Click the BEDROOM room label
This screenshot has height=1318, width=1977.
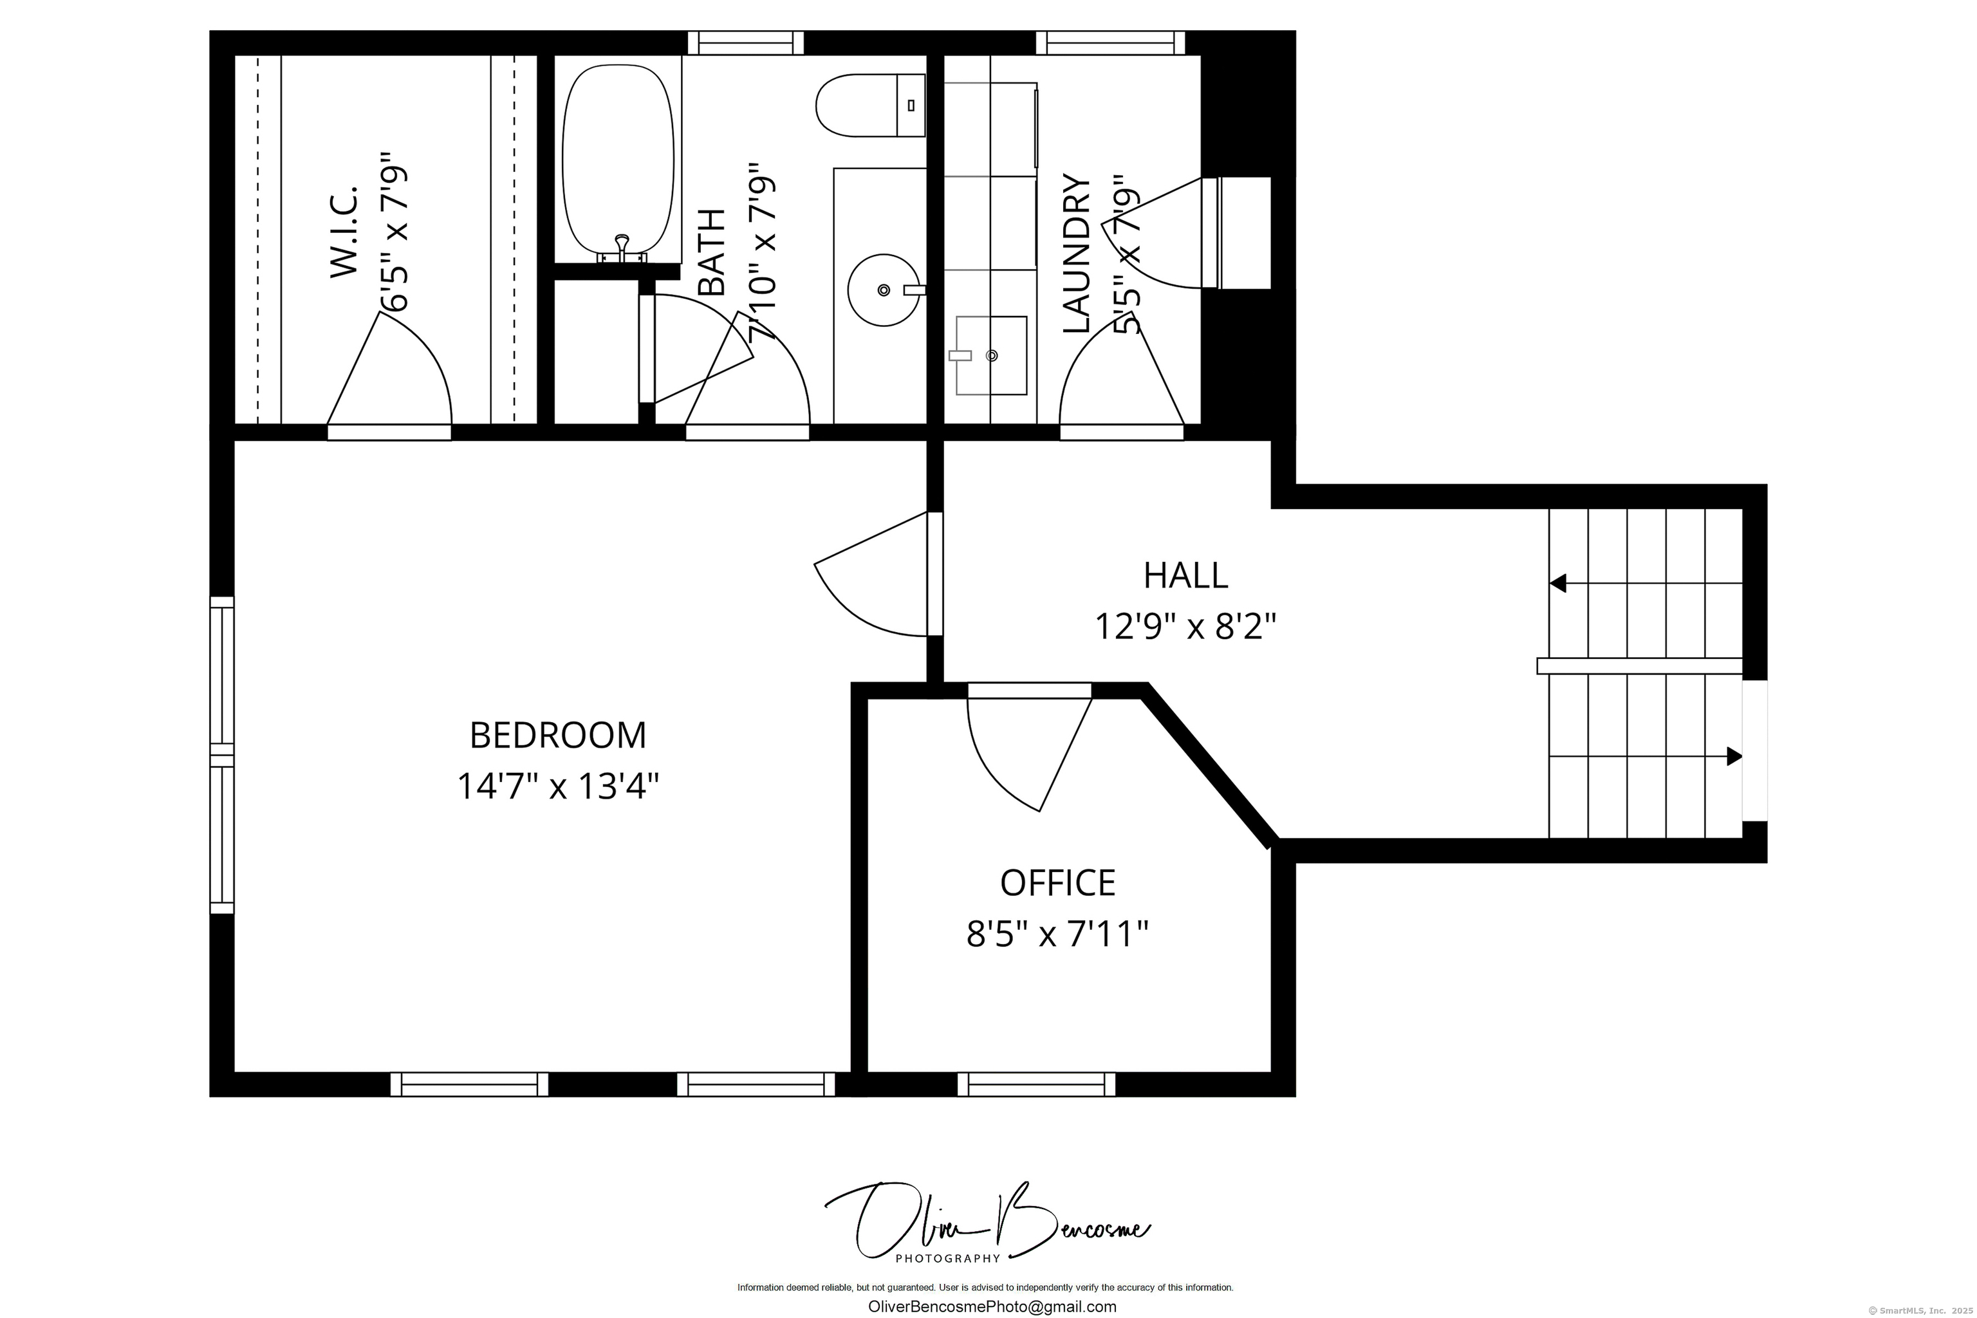[x=557, y=736]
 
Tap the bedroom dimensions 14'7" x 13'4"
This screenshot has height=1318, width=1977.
[x=557, y=787]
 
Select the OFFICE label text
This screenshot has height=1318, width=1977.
[x=1057, y=882]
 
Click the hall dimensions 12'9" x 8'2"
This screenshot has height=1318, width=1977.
[x=1185, y=626]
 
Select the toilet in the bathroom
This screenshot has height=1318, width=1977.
[x=870, y=105]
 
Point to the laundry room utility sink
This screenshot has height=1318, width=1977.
[x=991, y=355]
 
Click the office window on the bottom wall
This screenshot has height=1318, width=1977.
[x=1035, y=1084]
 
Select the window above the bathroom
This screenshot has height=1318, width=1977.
[x=746, y=43]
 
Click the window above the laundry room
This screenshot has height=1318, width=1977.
[x=1109, y=43]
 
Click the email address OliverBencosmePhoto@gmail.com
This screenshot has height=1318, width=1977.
[x=992, y=1307]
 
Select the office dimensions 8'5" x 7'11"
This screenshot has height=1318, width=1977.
[x=1057, y=934]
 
